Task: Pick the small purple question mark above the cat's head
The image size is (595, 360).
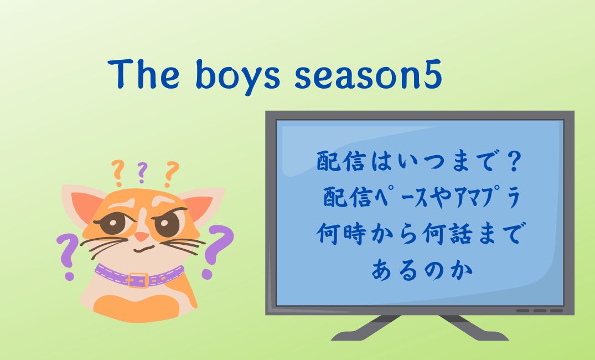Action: coord(142,172)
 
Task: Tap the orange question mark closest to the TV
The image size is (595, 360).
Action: coord(172,173)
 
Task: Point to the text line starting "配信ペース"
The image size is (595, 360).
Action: coord(419,198)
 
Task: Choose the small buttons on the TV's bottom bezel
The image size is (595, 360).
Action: coord(539,310)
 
